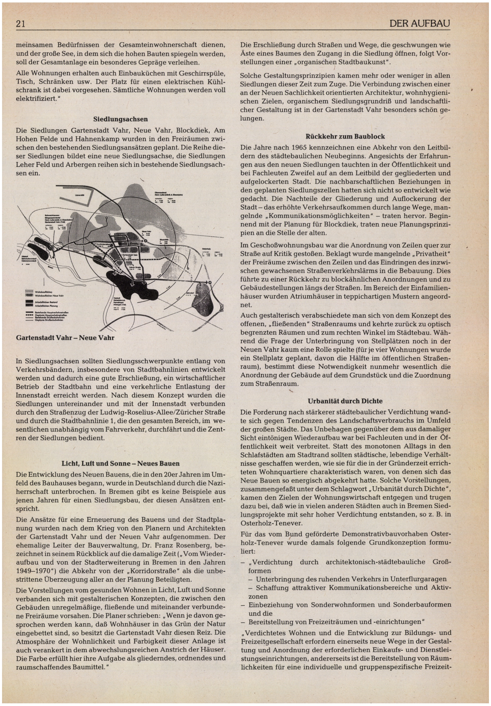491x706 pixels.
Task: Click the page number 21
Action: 21,24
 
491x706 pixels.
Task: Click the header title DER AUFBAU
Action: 419,24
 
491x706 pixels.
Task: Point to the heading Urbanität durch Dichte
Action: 345,401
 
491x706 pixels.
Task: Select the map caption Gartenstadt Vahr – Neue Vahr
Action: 65,338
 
